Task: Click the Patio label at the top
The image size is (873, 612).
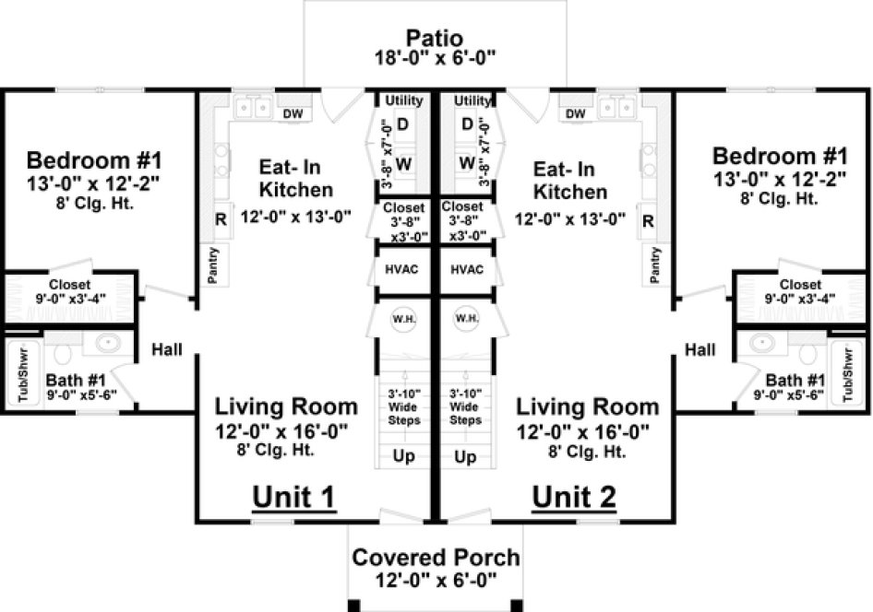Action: (436, 39)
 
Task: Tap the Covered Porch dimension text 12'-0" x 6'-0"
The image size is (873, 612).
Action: (436, 581)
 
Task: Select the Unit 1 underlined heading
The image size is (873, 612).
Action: (293, 497)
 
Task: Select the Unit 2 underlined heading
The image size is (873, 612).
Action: (574, 497)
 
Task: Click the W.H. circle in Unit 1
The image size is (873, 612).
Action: (402, 319)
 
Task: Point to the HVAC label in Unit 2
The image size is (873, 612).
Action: (466, 271)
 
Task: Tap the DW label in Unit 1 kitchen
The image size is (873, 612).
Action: (293, 113)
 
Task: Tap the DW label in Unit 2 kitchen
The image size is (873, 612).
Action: (575, 113)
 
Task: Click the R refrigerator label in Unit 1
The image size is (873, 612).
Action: (221, 220)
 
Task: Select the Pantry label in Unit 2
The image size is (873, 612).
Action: (656, 265)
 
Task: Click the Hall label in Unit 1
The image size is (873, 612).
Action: (167, 350)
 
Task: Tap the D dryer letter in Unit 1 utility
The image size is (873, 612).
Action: (402, 124)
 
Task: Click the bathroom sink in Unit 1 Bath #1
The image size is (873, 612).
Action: (109, 344)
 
